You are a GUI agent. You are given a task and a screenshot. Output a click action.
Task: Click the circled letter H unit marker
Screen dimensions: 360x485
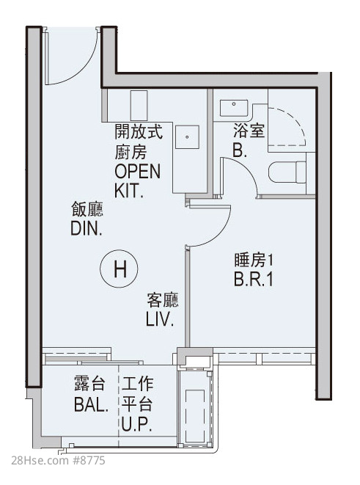(119, 269)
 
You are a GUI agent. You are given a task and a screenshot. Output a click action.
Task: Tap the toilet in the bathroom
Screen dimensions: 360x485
(287, 172)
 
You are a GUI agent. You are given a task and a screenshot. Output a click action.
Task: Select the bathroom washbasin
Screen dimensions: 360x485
(234, 108)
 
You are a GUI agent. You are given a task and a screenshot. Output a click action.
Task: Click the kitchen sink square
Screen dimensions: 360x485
(187, 137)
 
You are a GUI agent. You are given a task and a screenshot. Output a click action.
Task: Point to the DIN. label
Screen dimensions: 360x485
(87, 229)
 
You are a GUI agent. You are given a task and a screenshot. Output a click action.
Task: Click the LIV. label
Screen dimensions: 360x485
(159, 319)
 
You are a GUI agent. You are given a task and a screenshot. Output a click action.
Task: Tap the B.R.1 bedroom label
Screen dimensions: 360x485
(254, 279)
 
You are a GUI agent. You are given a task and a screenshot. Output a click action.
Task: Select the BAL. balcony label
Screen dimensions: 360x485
(91, 404)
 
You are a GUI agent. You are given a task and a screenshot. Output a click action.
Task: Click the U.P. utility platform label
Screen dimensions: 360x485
(136, 424)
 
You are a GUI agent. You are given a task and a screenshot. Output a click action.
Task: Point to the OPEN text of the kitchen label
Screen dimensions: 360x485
(138, 172)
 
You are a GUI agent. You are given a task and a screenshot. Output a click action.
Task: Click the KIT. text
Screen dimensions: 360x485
(129, 191)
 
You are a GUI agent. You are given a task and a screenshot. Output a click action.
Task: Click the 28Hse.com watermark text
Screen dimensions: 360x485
(40, 461)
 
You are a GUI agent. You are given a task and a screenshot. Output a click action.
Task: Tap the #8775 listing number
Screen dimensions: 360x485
(89, 461)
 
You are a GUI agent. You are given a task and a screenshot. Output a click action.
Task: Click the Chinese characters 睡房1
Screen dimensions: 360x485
(254, 260)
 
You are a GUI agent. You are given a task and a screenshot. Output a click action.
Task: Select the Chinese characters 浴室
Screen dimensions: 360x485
(249, 130)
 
